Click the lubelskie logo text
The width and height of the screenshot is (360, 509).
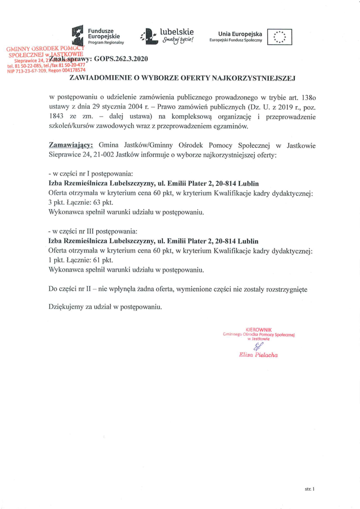coord(176,32)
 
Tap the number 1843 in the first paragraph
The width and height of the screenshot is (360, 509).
coord(58,117)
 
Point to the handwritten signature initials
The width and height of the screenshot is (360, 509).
coord(258,346)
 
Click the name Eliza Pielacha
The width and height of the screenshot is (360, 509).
coord(258,355)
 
